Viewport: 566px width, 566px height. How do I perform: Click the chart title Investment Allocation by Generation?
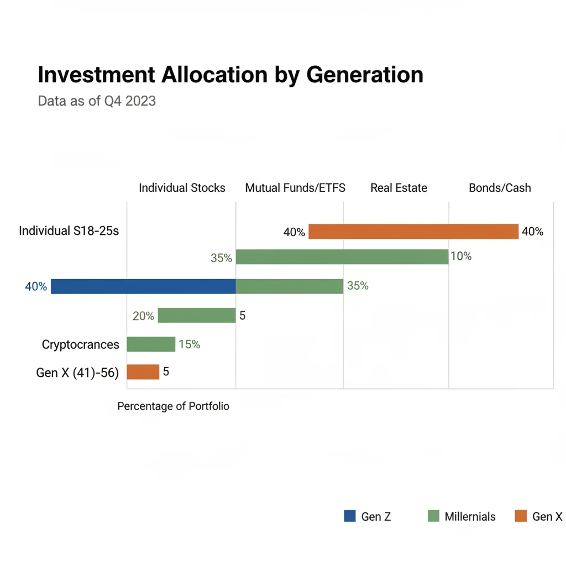[x=230, y=75]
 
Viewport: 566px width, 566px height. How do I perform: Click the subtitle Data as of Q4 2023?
[x=97, y=101]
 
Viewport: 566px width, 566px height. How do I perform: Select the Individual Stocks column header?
[x=182, y=188]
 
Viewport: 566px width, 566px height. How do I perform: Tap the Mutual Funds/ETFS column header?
[x=295, y=188]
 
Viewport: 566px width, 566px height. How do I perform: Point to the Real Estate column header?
[x=399, y=188]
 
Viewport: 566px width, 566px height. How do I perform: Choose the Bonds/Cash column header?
[x=500, y=188]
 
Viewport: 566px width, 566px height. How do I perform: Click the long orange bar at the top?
[x=413, y=232]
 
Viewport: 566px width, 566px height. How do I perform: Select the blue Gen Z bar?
[x=143, y=286]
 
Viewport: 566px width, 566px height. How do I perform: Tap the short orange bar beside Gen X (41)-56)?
[x=143, y=372]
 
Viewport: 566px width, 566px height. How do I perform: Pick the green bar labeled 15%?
[x=151, y=344]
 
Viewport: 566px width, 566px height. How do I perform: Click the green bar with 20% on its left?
[x=197, y=316]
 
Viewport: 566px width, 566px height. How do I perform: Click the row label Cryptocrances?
[x=80, y=345]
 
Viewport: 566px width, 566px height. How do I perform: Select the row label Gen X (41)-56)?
[x=77, y=373]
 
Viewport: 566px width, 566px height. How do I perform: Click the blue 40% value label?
[x=36, y=287]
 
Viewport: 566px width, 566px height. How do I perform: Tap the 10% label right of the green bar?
[x=461, y=256]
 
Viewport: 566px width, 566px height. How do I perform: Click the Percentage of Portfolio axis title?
[x=173, y=406]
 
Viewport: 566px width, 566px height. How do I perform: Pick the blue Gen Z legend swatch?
[x=350, y=516]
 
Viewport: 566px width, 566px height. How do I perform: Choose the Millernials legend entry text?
[x=470, y=517]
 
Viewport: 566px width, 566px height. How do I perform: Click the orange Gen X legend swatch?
[x=520, y=516]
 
